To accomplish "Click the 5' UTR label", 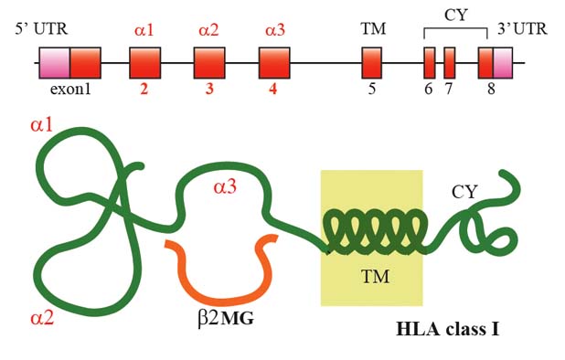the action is [x=41, y=29].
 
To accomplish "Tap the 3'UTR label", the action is [x=522, y=29].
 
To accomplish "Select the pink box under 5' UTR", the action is [x=55, y=63].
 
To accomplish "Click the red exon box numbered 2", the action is [x=144, y=63].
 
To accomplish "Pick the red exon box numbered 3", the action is [x=209, y=63].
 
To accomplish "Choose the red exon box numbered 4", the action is [x=274, y=63].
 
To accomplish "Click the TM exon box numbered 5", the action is [x=371, y=63].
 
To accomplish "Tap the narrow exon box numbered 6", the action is [x=430, y=63].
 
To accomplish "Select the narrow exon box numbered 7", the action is [x=449, y=63].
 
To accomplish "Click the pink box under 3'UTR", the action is [x=503, y=63].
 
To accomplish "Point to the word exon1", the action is [x=70, y=89].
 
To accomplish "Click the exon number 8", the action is [x=491, y=89].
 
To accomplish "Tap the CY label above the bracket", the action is [x=456, y=16].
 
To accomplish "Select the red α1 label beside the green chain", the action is [x=42, y=125].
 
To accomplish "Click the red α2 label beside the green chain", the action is [x=43, y=318].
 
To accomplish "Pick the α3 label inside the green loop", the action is [x=225, y=186].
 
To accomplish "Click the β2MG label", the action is [x=226, y=318].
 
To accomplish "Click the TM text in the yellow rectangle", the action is [x=375, y=277].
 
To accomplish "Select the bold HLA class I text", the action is [x=448, y=329].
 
